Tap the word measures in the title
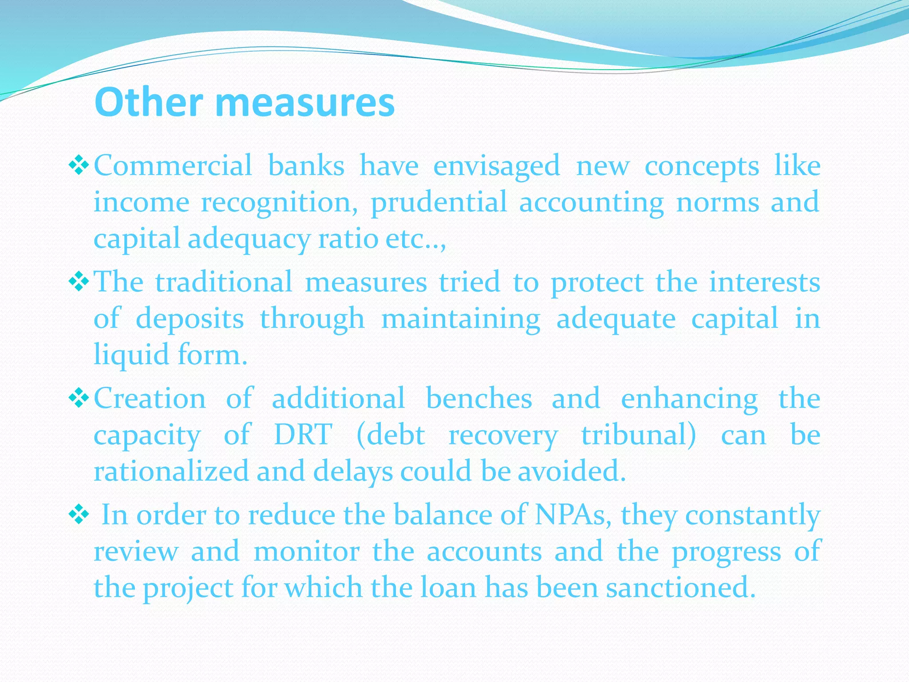[305, 103]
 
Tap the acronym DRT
[303, 435]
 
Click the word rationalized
[171, 471]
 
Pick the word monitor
[306, 552]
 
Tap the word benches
[478, 398]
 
